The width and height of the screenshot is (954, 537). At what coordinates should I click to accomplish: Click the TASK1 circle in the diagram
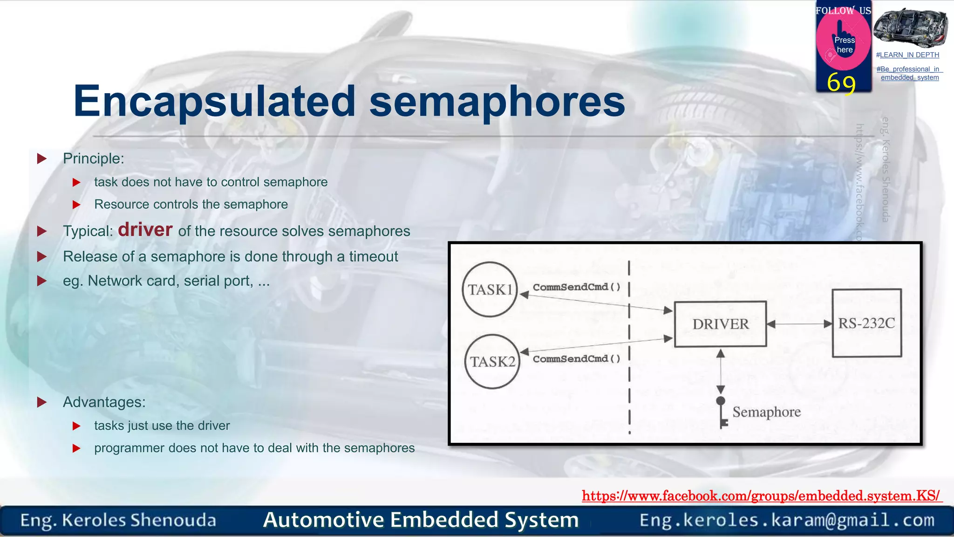(490, 289)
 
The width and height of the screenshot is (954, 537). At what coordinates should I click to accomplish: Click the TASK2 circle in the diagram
(492, 362)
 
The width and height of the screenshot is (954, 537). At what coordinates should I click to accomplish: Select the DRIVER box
(720, 324)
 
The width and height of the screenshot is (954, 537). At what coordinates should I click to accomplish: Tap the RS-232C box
(866, 323)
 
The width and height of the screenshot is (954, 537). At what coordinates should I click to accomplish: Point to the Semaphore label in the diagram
(766, 412)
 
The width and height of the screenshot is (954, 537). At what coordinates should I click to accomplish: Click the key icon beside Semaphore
(722, 413)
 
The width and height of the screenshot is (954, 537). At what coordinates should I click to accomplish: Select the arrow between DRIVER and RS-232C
(799, 324)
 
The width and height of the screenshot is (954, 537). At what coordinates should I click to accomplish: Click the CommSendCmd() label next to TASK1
(577, 287)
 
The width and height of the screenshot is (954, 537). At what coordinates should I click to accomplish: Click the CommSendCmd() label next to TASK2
(577, 359)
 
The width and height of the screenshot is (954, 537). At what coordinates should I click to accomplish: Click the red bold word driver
(145, 230)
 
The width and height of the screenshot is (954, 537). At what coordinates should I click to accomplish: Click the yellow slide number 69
(841, 83)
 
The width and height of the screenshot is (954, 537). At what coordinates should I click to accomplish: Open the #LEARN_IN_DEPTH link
(907, 55)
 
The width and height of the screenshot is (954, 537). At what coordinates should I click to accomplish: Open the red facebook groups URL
(761, 496)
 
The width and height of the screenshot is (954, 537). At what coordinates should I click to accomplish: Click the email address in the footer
(787, 520)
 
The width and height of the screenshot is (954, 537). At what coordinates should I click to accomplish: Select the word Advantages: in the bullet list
(104, 402)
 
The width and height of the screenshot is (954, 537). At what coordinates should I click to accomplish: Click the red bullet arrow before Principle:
(42, 158)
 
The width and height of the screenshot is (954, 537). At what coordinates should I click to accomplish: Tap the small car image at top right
(910, 28)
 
